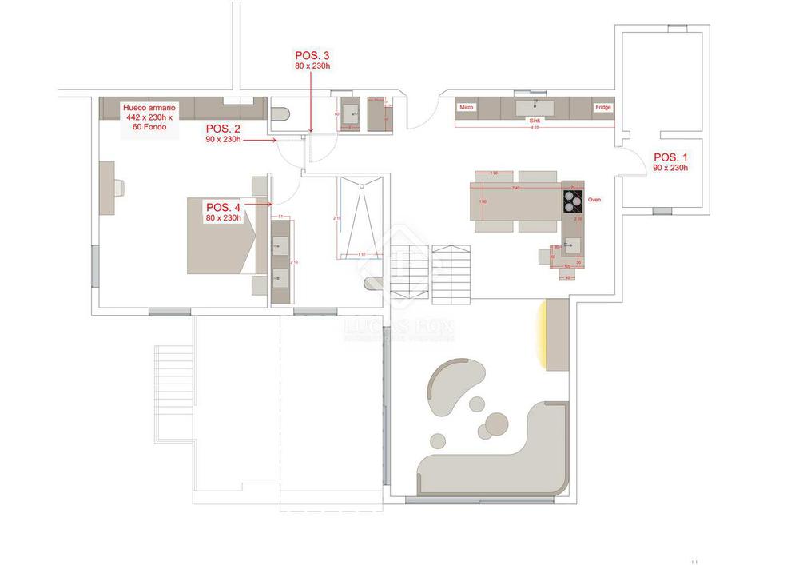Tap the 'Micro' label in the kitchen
pyautogui.click(x=467, y=106)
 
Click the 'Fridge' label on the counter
pyautogui.click(x=602, y=107)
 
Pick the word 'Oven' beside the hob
pyautogui.click(x=594, y=200)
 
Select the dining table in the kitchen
pyautogui.click(x=515, y=200)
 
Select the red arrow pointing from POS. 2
pyautogui.click(x=260, y=140)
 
